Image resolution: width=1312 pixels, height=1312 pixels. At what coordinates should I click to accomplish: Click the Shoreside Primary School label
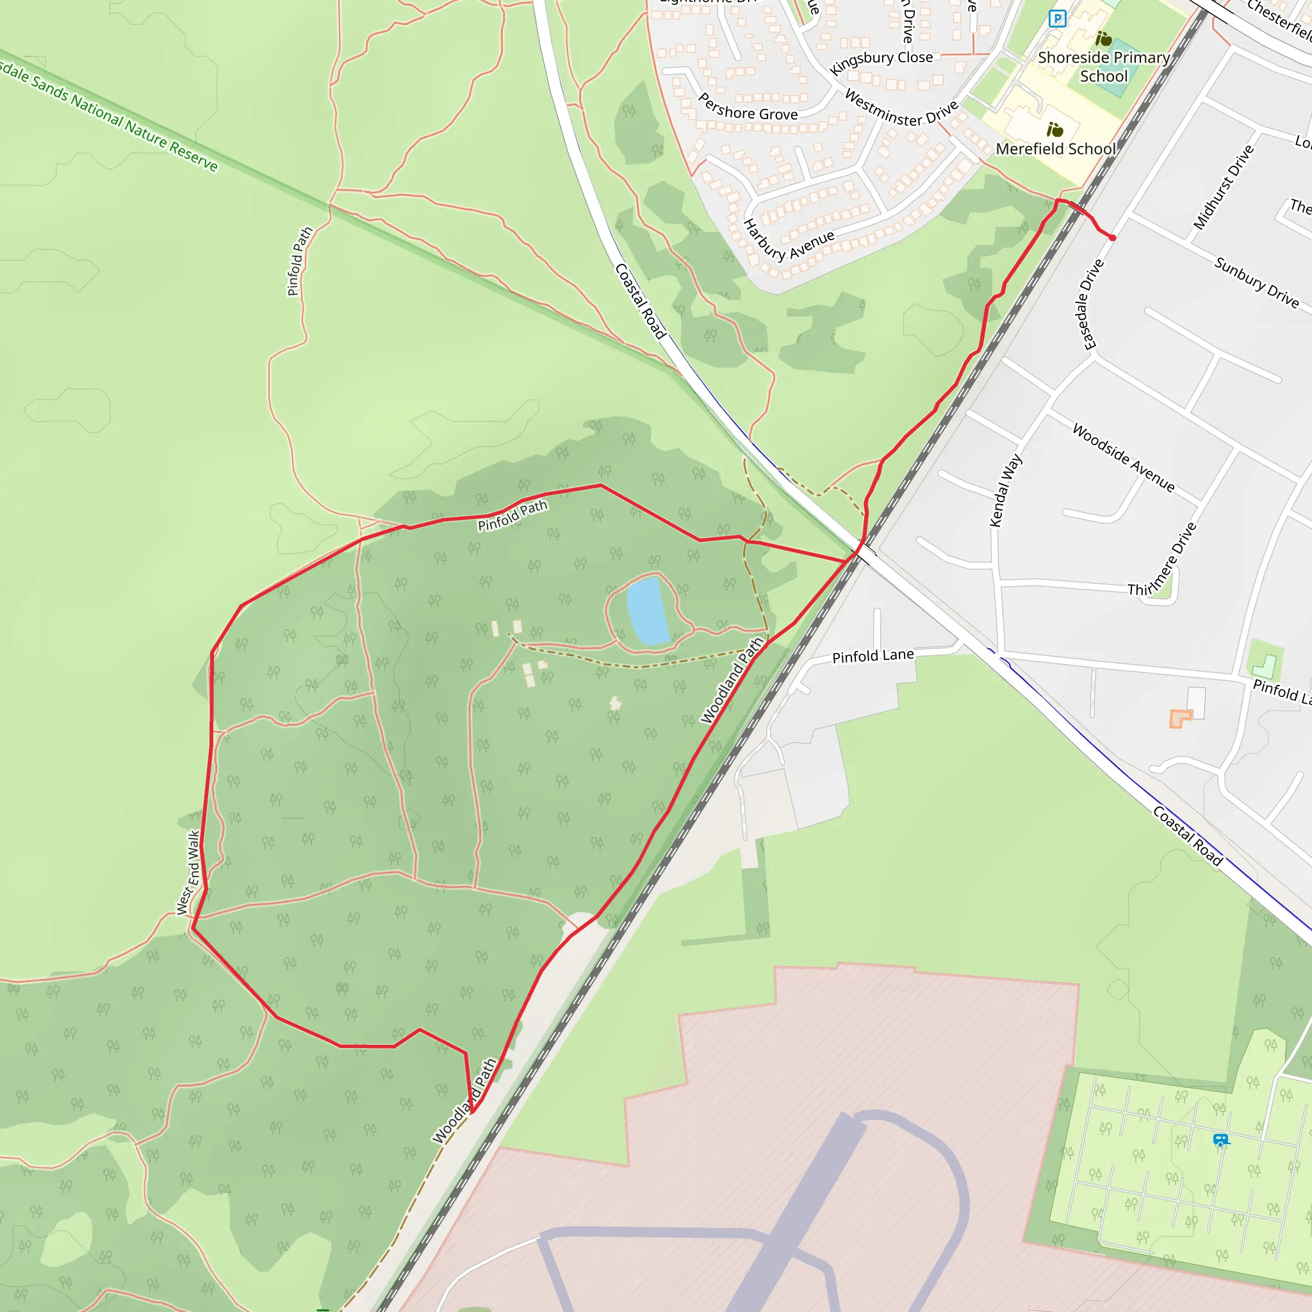click(x=1104, y=67)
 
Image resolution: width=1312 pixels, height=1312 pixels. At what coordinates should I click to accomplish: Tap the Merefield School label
click(x=1056, y=149)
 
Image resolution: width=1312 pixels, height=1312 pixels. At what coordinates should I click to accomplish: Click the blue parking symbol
click(x=1056, y=19)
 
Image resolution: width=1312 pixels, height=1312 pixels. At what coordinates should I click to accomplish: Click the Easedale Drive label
click(x=1090, y=304)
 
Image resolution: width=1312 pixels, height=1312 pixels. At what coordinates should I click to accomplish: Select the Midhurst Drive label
click(x=1223, y=188)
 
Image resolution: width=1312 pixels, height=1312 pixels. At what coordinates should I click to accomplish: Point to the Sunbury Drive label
click(x=1256, y=282)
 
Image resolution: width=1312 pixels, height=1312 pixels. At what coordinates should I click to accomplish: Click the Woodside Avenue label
click(x=1123, y=457)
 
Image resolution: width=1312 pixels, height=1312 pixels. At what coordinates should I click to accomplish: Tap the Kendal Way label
click(x=1005, y=490)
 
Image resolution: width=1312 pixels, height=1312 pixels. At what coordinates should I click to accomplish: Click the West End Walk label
click(x=188, y=873)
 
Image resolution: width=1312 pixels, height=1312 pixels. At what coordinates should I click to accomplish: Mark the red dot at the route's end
click(x=1112, y=238)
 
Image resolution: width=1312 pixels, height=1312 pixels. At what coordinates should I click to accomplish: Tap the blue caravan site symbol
click(x=1220, y=1140)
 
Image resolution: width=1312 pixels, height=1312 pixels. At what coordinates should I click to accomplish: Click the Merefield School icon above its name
click(x=1054, y=129)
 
